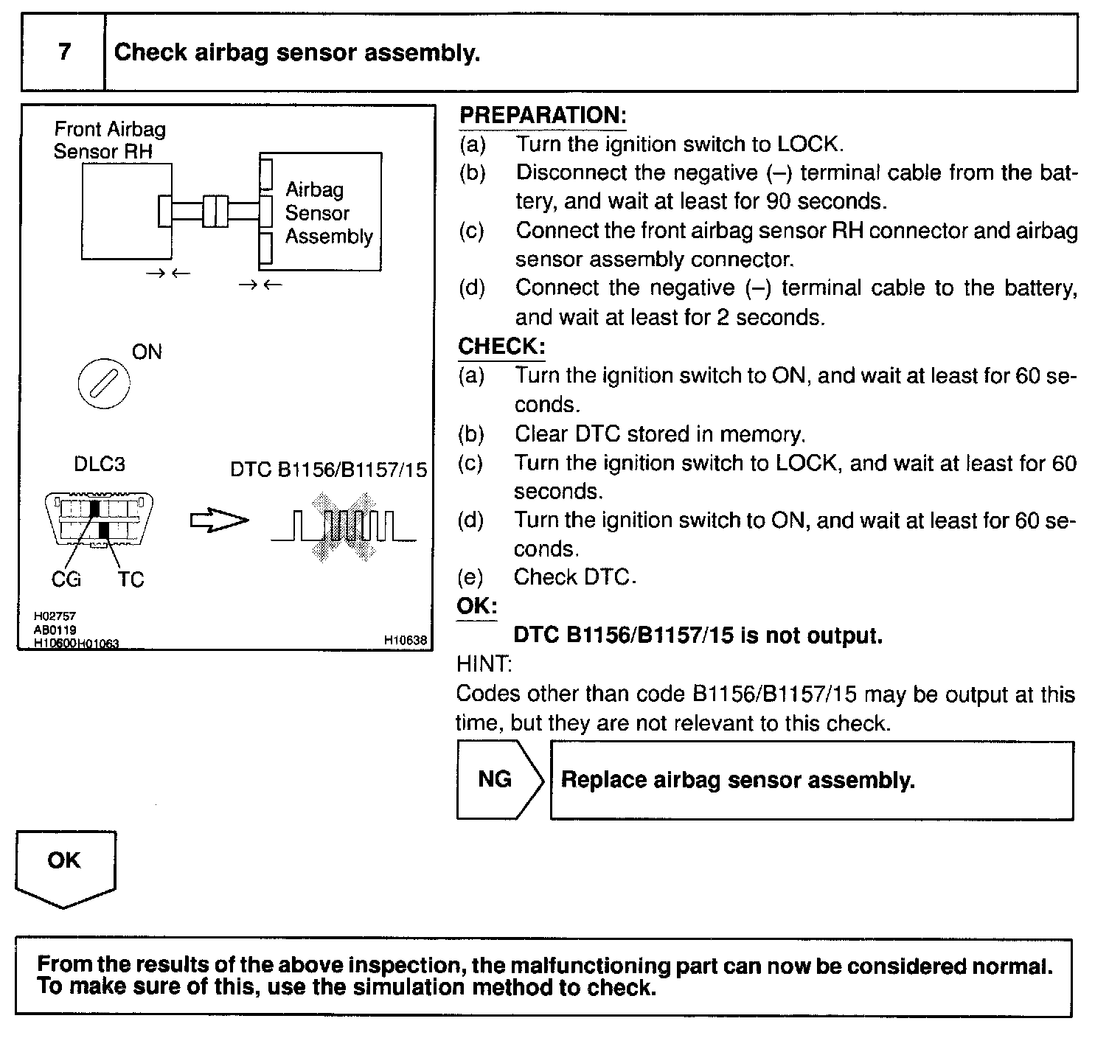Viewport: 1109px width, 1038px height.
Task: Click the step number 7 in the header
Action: pyautogui.click(x=64, y=52)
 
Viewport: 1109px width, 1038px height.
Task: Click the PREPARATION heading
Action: pyautogui.click(x=542, y=115)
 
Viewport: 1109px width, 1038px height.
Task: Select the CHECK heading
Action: pyautogui.click(x=501, y=346)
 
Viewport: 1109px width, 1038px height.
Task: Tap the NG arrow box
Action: pyautogui.click(x=496, y=779)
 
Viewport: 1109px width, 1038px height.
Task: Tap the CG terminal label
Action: pyautogui.click(x=66, y=580)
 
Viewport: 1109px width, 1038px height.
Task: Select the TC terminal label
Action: pyautogui.click(x=131, y=580)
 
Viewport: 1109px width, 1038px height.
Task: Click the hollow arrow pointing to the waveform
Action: pyautogui.click(x=219, y=520)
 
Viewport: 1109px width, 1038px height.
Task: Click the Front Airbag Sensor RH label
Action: pyautogui.click(x=109, y=140)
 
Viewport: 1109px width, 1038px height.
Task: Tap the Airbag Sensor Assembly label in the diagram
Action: pyautogui.click(x=328, y=213)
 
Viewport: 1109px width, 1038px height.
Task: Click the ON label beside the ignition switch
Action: pyautogui.click(x=147, y=352)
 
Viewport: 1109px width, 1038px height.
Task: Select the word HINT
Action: pyautogui.click(x=484, y=664)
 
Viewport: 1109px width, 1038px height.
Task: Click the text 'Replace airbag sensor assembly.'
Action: pyautogui.click(x=737, y=780)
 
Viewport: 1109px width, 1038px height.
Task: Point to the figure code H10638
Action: pyautogui.click(x=405, y=641)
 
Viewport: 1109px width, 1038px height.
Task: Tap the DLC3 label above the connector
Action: pyautogui.click(x=99, y=464)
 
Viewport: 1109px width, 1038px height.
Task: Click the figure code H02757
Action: pyautogui.click(x=55, y=616)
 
